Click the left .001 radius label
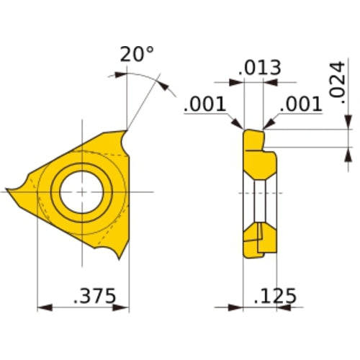pos(206,105)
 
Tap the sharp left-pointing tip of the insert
pos(9,191)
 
